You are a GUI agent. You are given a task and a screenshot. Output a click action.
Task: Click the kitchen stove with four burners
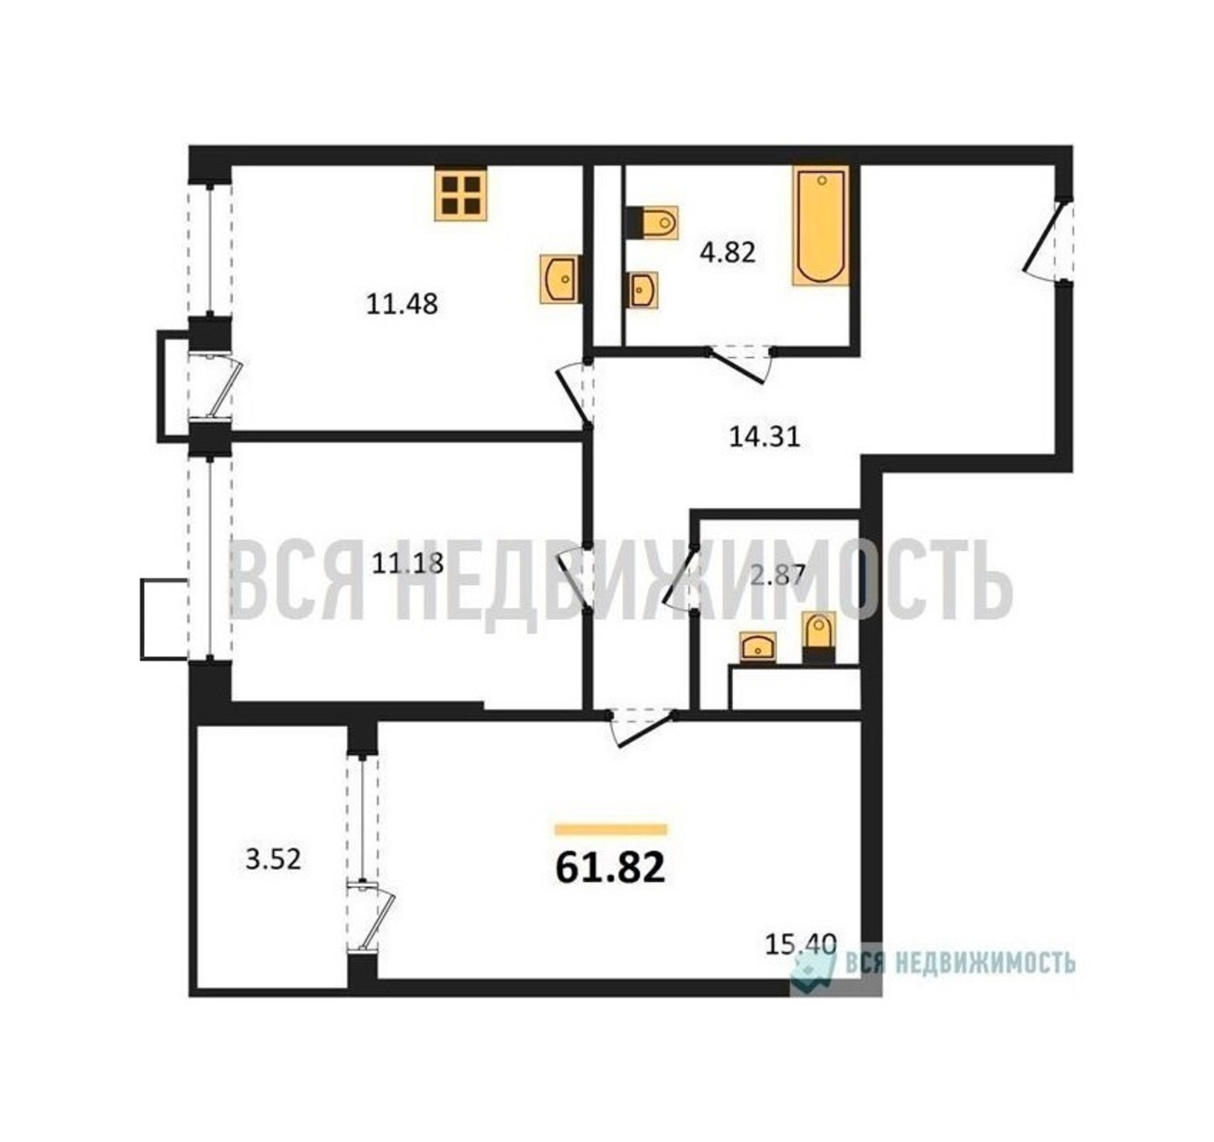click(x=461, y=194)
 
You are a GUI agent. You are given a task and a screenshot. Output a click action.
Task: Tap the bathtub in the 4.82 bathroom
click(x=821, y=227)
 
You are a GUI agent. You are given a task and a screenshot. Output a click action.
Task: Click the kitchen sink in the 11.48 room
click(x=559, y=279)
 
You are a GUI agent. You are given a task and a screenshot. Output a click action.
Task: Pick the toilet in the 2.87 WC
click(x=818, y=637)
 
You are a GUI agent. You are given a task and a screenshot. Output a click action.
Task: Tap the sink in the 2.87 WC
click(x=758, y=646)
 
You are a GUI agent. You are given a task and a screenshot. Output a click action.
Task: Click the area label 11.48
click(x=402, y=304)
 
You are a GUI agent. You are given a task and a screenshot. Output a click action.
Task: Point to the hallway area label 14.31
click(x=764, y=437)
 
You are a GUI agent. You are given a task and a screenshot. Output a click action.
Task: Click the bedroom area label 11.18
click(x=408, y=564)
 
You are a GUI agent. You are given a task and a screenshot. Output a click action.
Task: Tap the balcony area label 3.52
click(x=273, y=860)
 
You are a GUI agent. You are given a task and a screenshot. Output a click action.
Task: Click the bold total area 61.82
click(x=610, y=868)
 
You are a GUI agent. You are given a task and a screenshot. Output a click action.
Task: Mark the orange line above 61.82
click(x=611, y=830)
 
